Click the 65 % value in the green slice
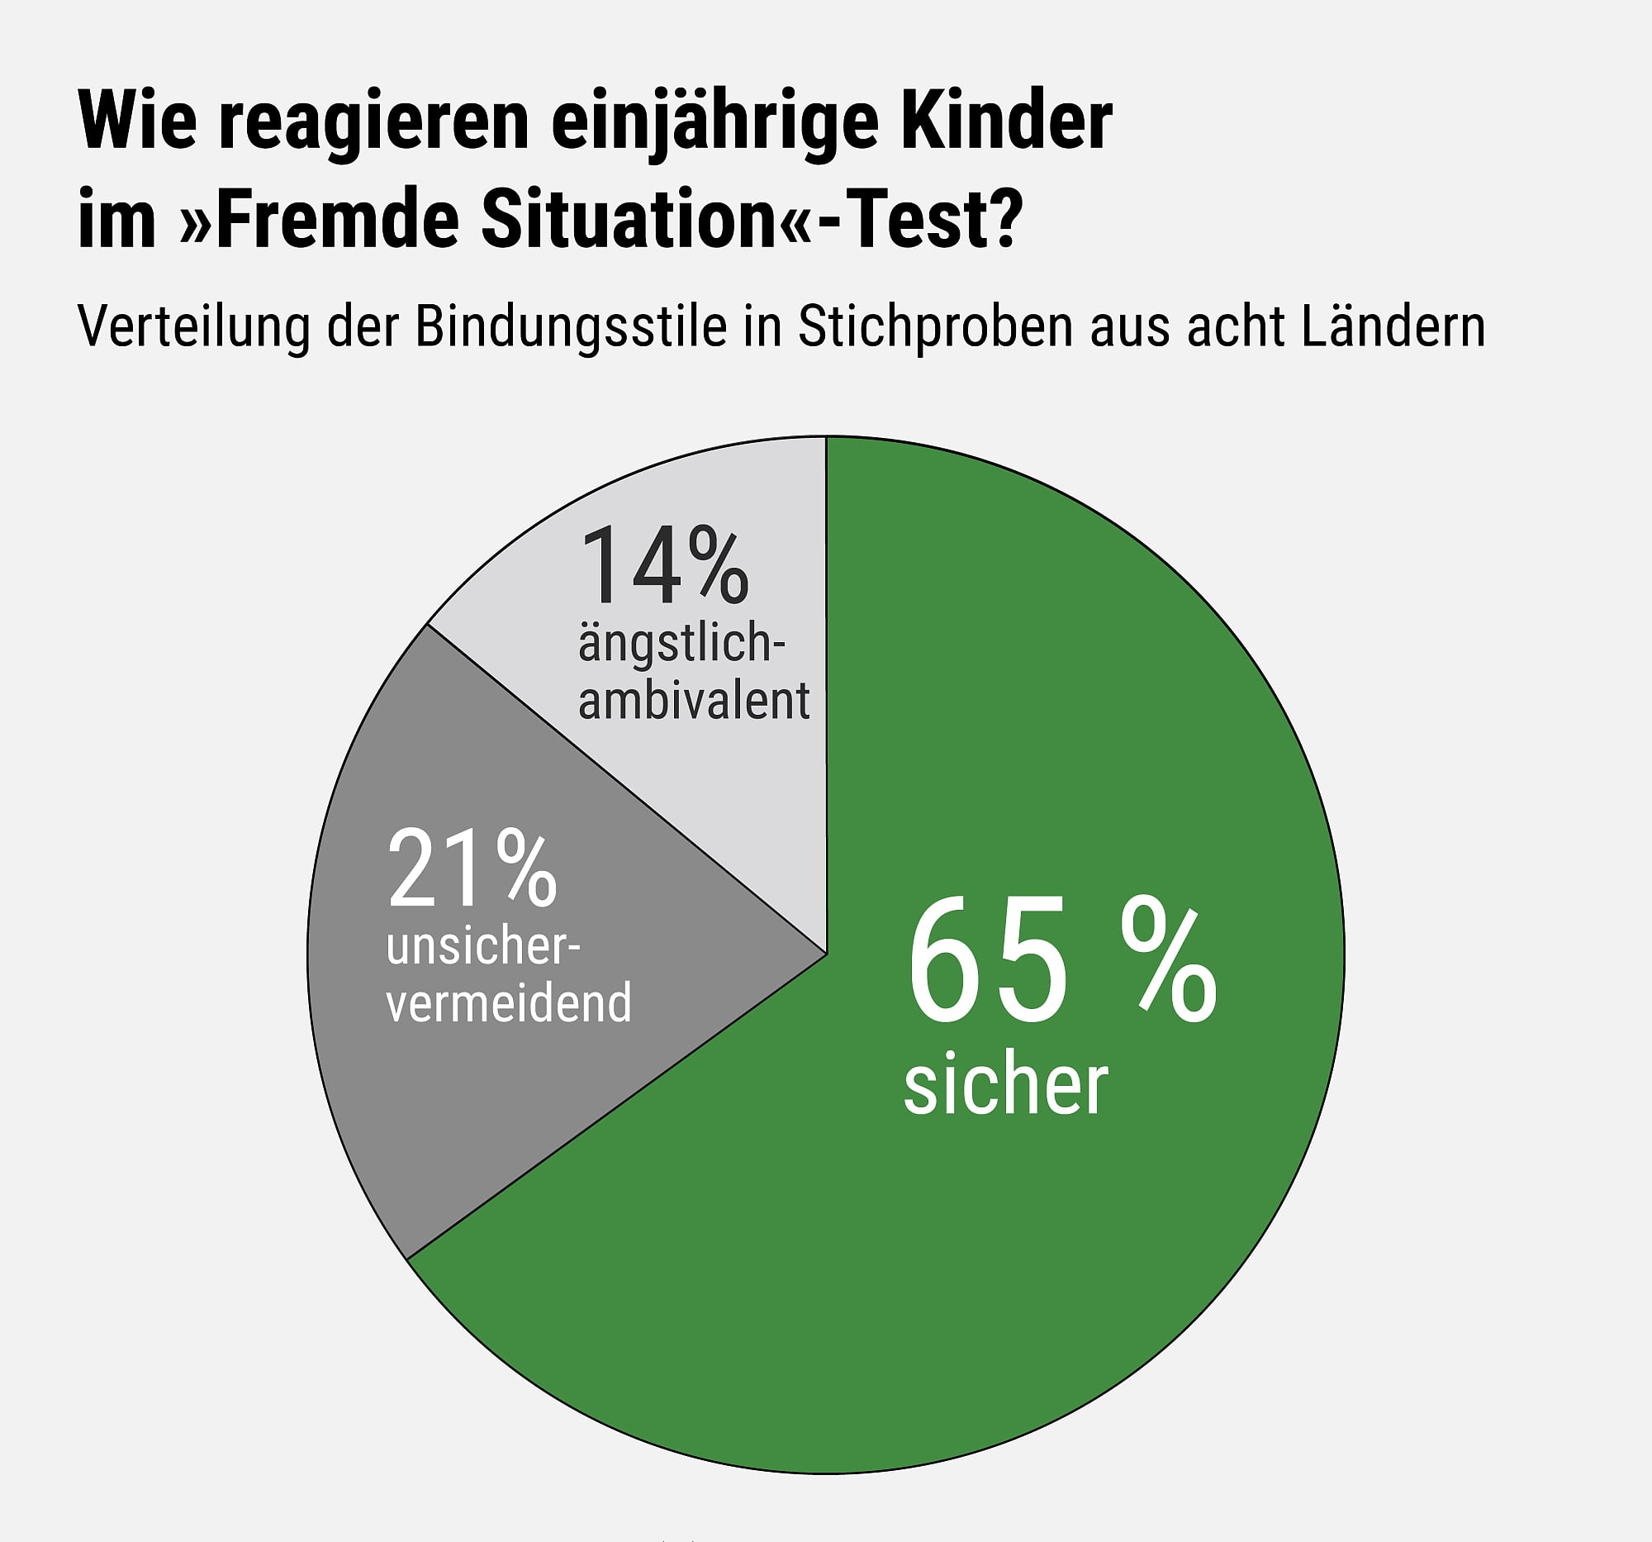click(1061, 961)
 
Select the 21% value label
click(471, 869)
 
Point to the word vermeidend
click(509, 1003)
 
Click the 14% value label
click(664, 565)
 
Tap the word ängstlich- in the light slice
click(681, 645)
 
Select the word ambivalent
click(694, 701)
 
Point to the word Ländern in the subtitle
click(1393, 326)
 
